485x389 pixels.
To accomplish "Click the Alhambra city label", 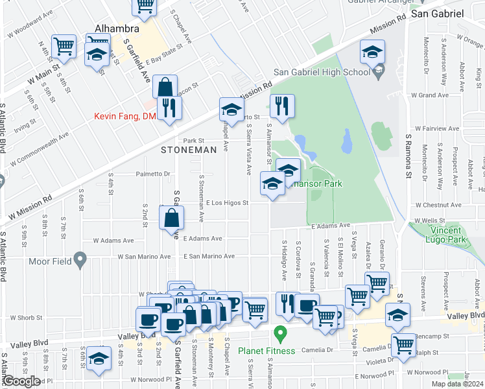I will tap(117, 29).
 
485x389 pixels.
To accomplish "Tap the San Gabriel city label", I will tap(438, 13).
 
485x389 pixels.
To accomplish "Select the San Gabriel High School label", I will tap(322, 72).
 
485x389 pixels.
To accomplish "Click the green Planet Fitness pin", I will tap(281, 335).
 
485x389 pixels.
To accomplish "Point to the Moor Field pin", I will tap(80, 261).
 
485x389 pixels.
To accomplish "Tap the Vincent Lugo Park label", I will tap(447, 235).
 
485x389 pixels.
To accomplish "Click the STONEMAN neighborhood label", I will tap(189, 150).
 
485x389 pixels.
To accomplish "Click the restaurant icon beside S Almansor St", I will tap(282, 106).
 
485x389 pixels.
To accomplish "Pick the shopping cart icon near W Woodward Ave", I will tap(64, 46).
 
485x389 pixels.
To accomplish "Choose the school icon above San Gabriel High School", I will tap(373, 52).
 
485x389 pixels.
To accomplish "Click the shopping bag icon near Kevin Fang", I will tap(165, 88).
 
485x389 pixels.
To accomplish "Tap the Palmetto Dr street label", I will tap(152, 174).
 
